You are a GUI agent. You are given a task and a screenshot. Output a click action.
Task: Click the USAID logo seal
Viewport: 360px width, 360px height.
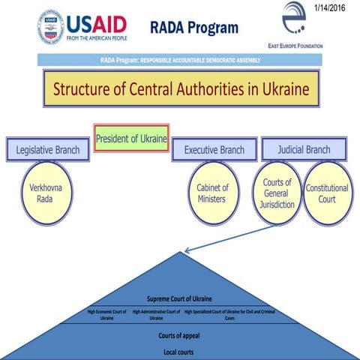tap(50, 28)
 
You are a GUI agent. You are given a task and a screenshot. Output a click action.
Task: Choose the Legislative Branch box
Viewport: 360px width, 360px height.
tap(48, 149)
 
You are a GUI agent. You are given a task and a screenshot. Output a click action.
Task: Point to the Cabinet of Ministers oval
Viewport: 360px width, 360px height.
tap(213, 193)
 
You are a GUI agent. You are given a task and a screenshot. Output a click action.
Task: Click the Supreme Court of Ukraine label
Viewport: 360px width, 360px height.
tap(179, 298)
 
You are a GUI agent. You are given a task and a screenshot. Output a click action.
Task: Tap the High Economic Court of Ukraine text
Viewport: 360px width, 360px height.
tap(107, 313)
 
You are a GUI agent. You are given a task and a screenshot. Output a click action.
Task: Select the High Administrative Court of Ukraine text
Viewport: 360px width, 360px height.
tap(156, 313)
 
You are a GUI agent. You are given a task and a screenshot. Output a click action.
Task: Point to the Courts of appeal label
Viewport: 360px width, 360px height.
tap(179, 335)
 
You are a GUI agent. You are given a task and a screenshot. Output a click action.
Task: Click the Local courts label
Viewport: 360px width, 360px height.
tap(179, 351)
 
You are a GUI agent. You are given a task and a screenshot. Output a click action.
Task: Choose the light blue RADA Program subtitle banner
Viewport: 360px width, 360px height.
tap(180, 59)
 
